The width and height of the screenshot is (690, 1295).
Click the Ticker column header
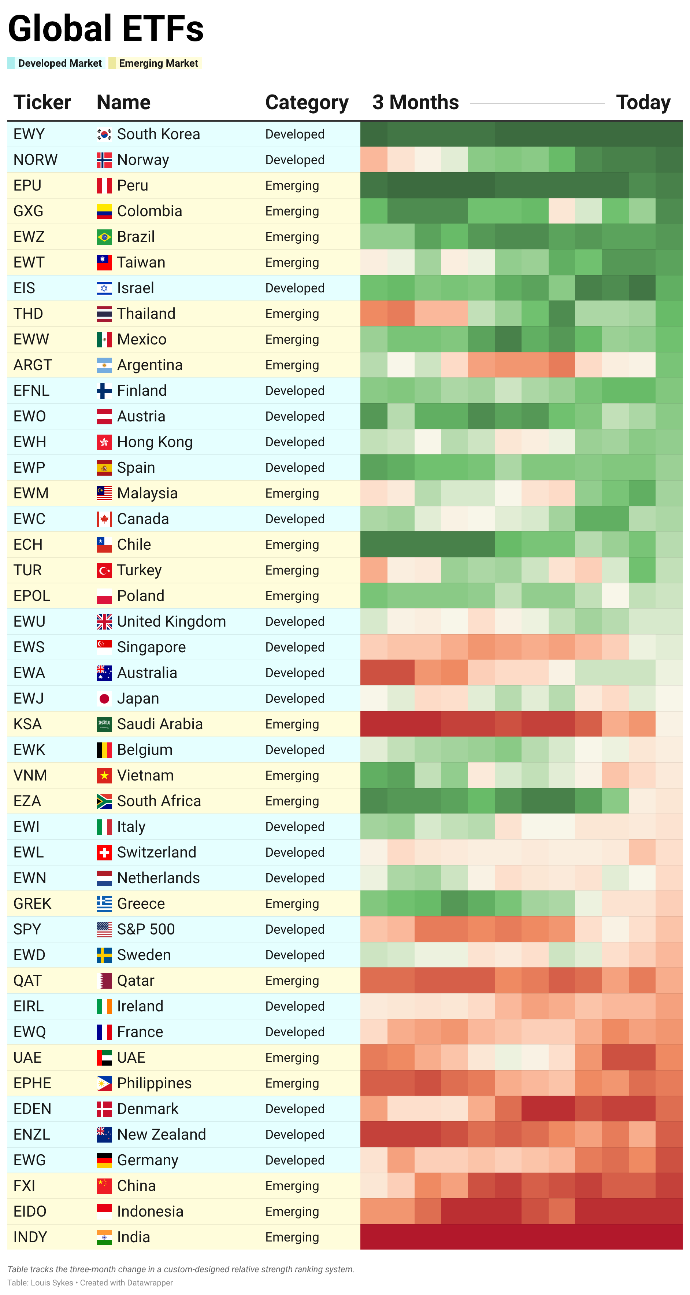[42, 103]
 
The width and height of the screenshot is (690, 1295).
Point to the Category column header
[307, 103]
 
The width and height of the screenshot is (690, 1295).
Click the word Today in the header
[643, 103]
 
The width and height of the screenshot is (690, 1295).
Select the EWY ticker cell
[29, 134]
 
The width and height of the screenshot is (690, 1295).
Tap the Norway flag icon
[104, 160]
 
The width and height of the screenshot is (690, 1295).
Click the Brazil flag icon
[104, 237]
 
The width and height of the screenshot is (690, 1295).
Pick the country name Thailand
[146, 314]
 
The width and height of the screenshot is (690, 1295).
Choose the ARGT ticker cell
[33, 365]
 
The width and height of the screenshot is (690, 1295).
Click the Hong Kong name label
[155, 442]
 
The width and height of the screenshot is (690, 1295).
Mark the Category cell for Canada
[294, 519]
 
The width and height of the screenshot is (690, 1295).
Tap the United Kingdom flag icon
[104, 622]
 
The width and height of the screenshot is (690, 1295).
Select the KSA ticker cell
[27, 724]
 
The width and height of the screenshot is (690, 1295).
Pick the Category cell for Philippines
[292, 1083]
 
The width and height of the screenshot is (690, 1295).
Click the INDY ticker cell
[30, 1237]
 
